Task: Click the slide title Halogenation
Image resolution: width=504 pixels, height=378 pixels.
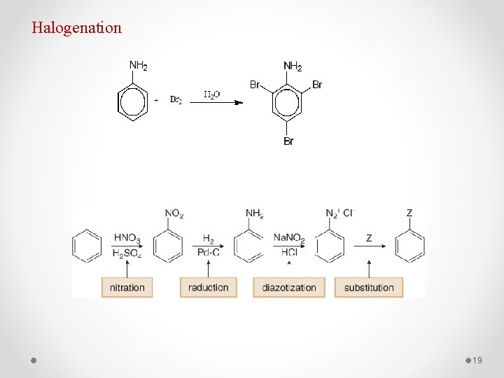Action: tap(76, 28)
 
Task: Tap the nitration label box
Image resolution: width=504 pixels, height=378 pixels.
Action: tap(127, 287)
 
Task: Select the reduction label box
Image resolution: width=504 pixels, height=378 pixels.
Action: tap(208, 287)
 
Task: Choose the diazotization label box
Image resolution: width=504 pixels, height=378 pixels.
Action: tap(288, 287)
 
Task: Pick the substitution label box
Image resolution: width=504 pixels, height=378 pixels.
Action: tap(369, 287)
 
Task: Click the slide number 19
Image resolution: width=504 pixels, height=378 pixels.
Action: tap(478, 360)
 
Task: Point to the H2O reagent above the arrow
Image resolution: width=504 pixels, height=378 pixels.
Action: tap(212, 94)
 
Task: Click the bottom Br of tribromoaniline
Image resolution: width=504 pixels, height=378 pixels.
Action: tap(288, 141)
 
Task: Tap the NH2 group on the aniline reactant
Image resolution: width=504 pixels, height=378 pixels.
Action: tap(138, 66)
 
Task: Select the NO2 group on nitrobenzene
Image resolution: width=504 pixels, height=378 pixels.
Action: tap(174, 213)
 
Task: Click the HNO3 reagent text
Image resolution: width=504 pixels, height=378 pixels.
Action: tap(127, 239)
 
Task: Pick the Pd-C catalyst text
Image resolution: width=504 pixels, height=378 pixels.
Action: tap(208, 253)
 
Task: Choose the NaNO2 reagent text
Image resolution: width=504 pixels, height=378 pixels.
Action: tap(289, 239)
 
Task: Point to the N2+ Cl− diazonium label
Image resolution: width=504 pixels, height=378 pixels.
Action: tap(341, 213)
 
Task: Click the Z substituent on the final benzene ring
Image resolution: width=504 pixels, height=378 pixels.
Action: tap(409, 213)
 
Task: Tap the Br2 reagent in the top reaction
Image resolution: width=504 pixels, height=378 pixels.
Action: tap(176, 100)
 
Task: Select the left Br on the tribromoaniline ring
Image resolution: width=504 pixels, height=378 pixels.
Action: tap(255, 85)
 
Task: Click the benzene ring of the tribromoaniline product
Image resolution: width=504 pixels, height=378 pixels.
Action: tap(288, 102)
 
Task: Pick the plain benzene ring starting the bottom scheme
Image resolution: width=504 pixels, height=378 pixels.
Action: tap(87, 246)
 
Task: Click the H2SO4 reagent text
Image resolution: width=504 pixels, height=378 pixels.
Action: tap(127, 253)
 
